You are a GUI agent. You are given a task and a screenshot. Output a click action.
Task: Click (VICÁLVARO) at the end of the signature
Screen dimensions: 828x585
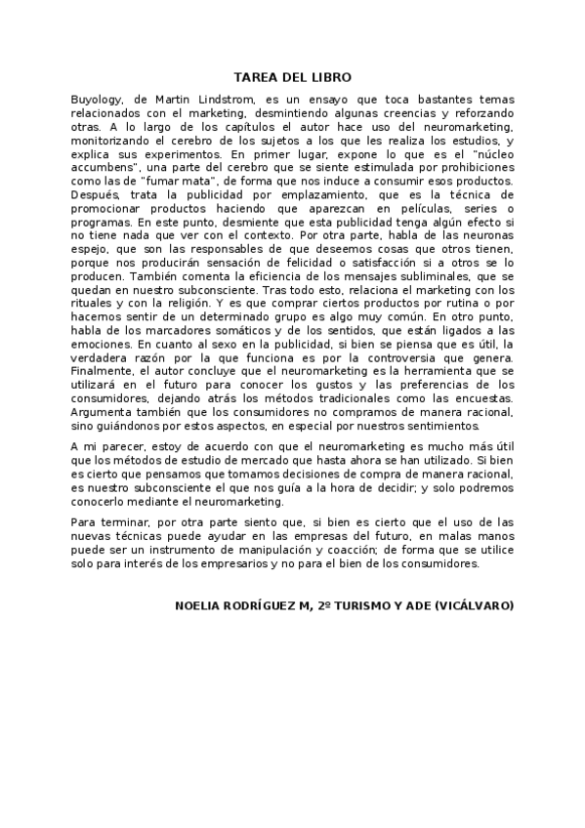point(475,606)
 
